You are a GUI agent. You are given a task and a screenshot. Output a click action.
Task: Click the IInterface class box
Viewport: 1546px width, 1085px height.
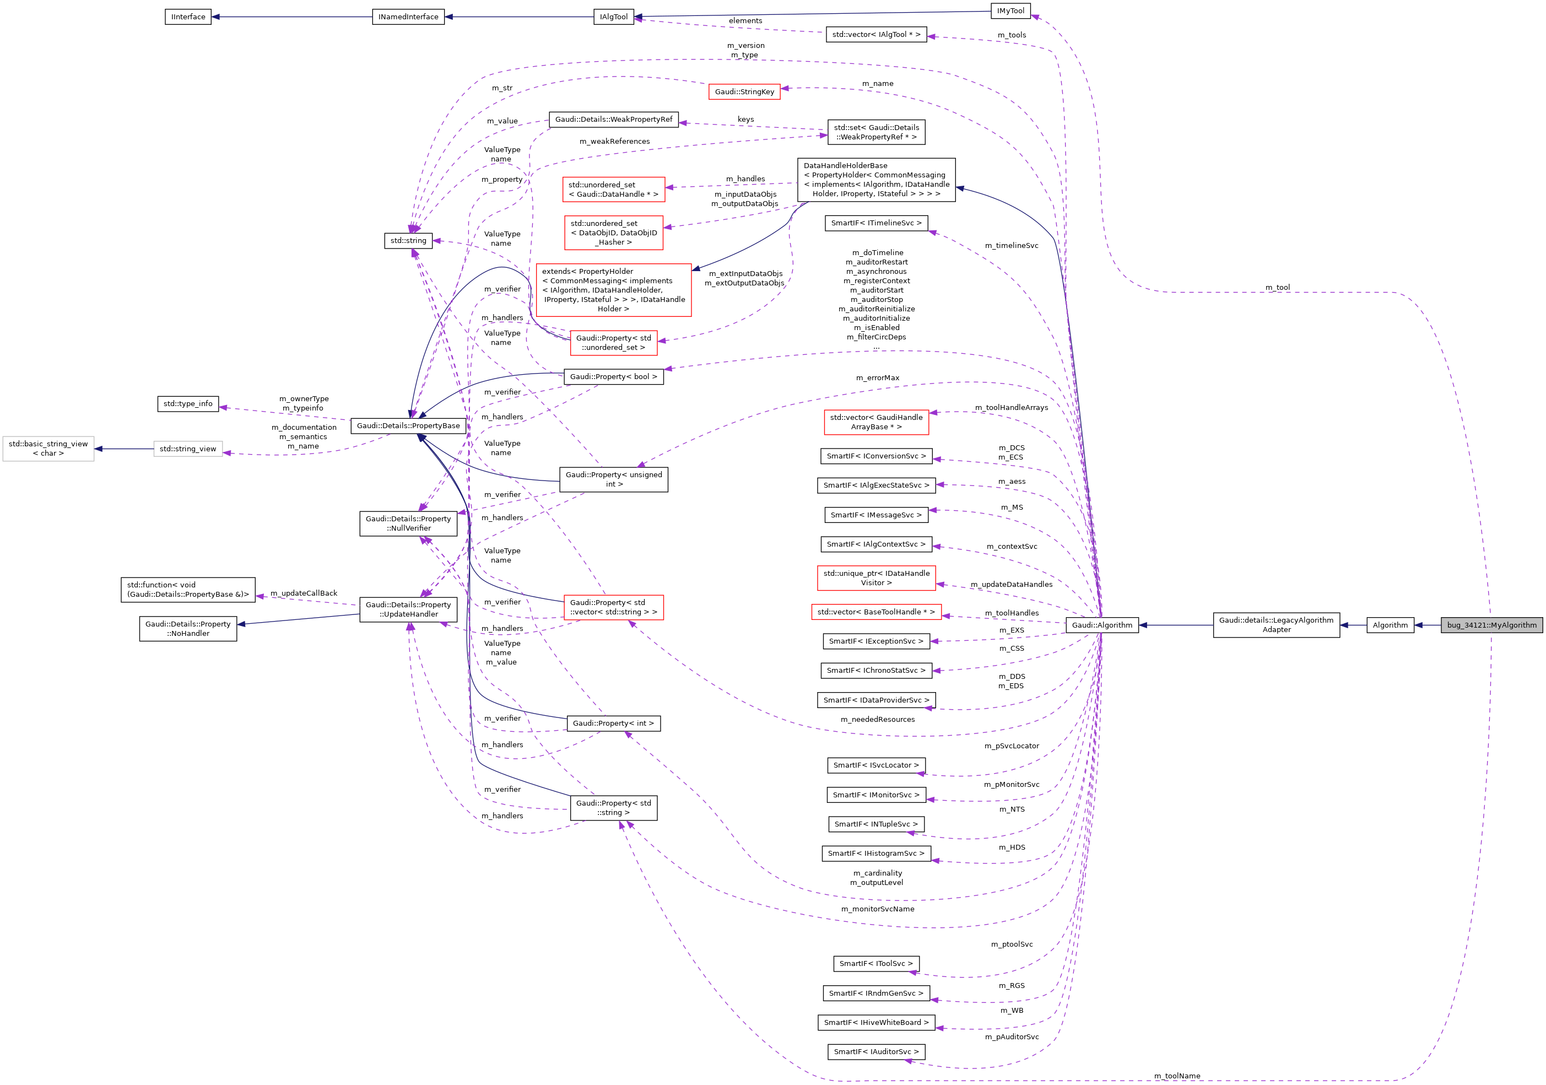click(x=188, y=17)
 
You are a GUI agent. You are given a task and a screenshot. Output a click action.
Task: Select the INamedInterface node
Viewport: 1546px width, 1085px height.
click(x=408, y=17)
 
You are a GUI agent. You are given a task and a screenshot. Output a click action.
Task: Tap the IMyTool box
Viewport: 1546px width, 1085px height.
click(x=1010, y=11)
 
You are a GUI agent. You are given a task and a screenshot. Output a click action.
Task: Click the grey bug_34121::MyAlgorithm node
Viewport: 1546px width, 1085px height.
click(x=1491, y=625)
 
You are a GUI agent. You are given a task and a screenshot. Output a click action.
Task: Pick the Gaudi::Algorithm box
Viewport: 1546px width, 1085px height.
click(x=1101, y=625)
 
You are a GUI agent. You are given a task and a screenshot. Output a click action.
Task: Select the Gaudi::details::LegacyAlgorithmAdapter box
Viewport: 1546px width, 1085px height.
click(x=1276, y=625)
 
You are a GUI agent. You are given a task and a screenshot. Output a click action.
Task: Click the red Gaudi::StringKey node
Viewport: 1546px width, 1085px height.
click(x=744, y=91)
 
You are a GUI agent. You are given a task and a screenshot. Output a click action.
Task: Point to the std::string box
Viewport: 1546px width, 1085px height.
click(x=408, y=240)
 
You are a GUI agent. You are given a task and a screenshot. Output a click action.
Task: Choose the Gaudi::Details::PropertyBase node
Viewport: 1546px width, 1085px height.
click(x=408, y=425)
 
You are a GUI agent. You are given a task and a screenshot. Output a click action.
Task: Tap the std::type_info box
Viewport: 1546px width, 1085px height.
click(x=188, y=404)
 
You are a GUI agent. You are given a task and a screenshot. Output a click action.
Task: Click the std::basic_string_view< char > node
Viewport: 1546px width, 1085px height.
click(x=48, y=449)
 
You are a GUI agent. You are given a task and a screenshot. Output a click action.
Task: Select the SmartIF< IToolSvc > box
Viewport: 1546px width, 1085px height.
click(x=876, y=964)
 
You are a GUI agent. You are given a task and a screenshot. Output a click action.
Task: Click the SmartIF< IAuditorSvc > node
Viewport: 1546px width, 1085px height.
click(x=876, y=1051)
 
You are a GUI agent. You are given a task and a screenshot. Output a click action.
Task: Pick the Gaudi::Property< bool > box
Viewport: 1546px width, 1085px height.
click(x=613, y=376)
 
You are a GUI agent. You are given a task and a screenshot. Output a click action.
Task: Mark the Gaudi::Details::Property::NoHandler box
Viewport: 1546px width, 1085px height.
click(x=188, y=629)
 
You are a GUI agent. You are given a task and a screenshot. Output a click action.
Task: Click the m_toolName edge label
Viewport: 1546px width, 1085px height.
click(x=1177, y=1076)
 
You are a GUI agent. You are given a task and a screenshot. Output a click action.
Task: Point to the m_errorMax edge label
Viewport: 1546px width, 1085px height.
click(x=877, y=378)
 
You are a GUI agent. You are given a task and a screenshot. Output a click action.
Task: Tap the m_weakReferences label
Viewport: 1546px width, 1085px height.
click(x=615, y=142)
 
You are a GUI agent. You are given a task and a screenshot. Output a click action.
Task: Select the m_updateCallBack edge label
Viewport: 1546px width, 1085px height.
click(x=304, y=593)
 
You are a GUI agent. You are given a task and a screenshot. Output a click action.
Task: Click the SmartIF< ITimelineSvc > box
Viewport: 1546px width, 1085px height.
click(x=876, y=223)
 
